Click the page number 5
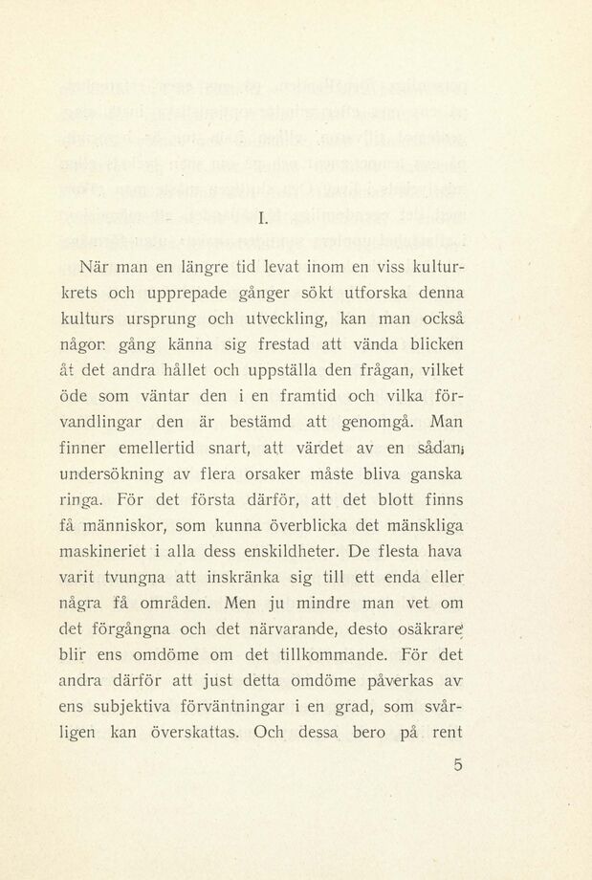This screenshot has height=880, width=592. [x=458, y=764]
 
